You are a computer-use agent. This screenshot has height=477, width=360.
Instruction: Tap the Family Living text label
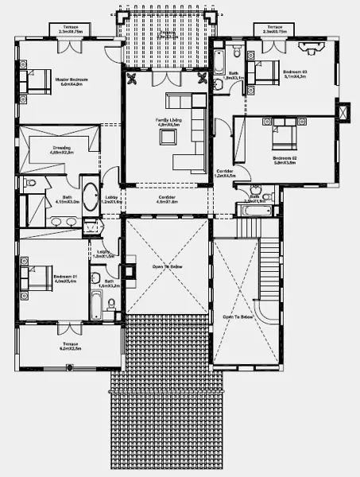point(168,122)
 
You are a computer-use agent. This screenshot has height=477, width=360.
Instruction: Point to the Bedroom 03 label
point(295,74)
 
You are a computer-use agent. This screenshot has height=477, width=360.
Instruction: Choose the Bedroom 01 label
point(64,279)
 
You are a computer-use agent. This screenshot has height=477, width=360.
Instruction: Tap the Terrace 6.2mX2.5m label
point(70,347)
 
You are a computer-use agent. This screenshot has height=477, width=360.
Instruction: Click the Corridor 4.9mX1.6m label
point(167,199)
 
